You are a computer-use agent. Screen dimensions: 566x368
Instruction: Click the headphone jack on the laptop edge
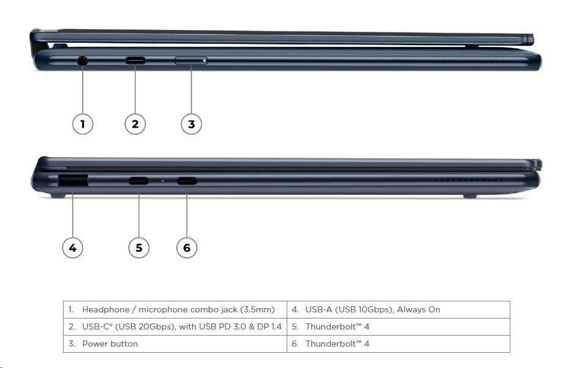(x=83, y=61)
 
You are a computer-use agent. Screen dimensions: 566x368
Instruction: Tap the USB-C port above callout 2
(x=135, y=61)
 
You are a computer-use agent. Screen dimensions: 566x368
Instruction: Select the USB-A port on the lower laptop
(x=73, y=180)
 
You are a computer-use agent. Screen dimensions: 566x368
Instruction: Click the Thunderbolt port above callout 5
(x=139, y=180)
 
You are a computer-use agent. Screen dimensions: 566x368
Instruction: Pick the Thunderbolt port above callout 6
(x=186, y=180)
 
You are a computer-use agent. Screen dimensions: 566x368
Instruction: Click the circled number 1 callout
(x=83, y=124)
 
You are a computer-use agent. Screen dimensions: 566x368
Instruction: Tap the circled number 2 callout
(x=135, y=124)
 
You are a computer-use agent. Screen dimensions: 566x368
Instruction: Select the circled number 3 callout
(x=191, y=124)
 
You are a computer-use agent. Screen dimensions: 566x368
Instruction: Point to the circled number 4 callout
(x=73, y=248)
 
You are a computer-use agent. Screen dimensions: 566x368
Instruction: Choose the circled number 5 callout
(x=139, y=248)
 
